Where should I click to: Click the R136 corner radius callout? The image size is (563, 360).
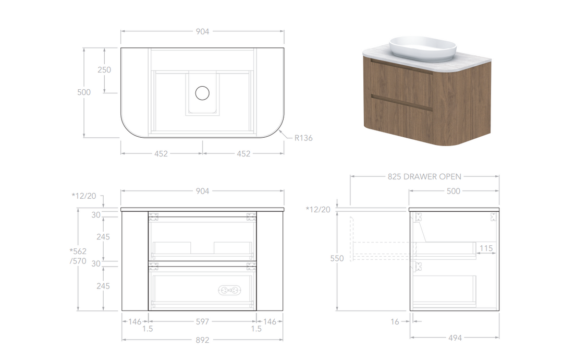[303, 138]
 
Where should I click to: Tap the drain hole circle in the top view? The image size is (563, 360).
[202, 93]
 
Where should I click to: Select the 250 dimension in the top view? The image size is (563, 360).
[104, 70]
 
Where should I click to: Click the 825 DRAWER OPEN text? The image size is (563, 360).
[424, 177]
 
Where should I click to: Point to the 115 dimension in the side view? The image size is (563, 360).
[486, 248]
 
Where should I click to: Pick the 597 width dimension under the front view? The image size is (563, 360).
[202, 321]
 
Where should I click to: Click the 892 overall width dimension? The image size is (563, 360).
[202, 340]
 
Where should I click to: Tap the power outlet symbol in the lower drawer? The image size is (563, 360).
[229, 290]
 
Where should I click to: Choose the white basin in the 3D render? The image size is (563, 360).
[423, 49]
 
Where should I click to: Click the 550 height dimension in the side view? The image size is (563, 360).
[337, 258]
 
